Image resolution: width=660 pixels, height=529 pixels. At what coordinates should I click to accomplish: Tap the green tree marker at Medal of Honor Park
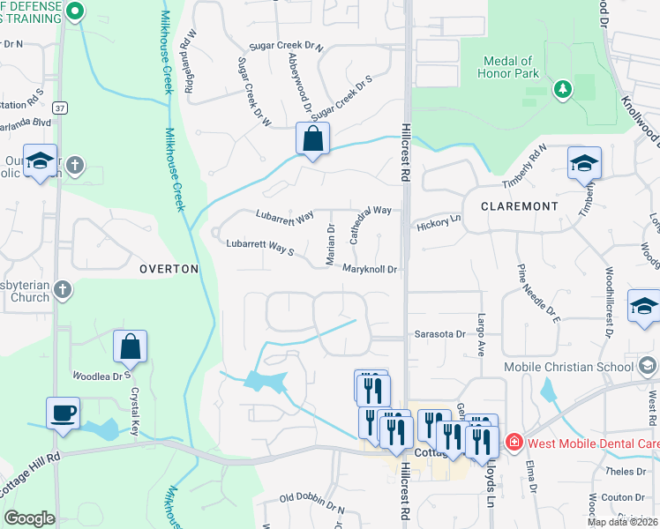click(x=561, y=89)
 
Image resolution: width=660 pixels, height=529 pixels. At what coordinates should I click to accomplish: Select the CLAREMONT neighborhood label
click(x=519, y=205)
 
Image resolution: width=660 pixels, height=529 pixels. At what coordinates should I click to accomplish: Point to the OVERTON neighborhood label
click(x=168, y=269)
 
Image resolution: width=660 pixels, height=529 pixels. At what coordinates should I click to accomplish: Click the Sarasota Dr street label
click(x=439, y=335)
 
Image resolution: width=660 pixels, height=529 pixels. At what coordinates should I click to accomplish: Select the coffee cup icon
click(x=64, y=413)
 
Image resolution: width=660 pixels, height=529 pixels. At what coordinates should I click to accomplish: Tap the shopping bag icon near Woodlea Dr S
click(x=130, y=346)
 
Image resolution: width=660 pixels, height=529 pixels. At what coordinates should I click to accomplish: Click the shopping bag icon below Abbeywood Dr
click(x=312, y=138)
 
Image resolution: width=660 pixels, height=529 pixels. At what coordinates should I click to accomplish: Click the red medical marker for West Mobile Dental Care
click(x=511, y=439)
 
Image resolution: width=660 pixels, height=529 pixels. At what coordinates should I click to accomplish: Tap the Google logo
click(x=29, y=518)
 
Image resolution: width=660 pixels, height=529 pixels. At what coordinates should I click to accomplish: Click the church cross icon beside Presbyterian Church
click(x=62, y=289)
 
